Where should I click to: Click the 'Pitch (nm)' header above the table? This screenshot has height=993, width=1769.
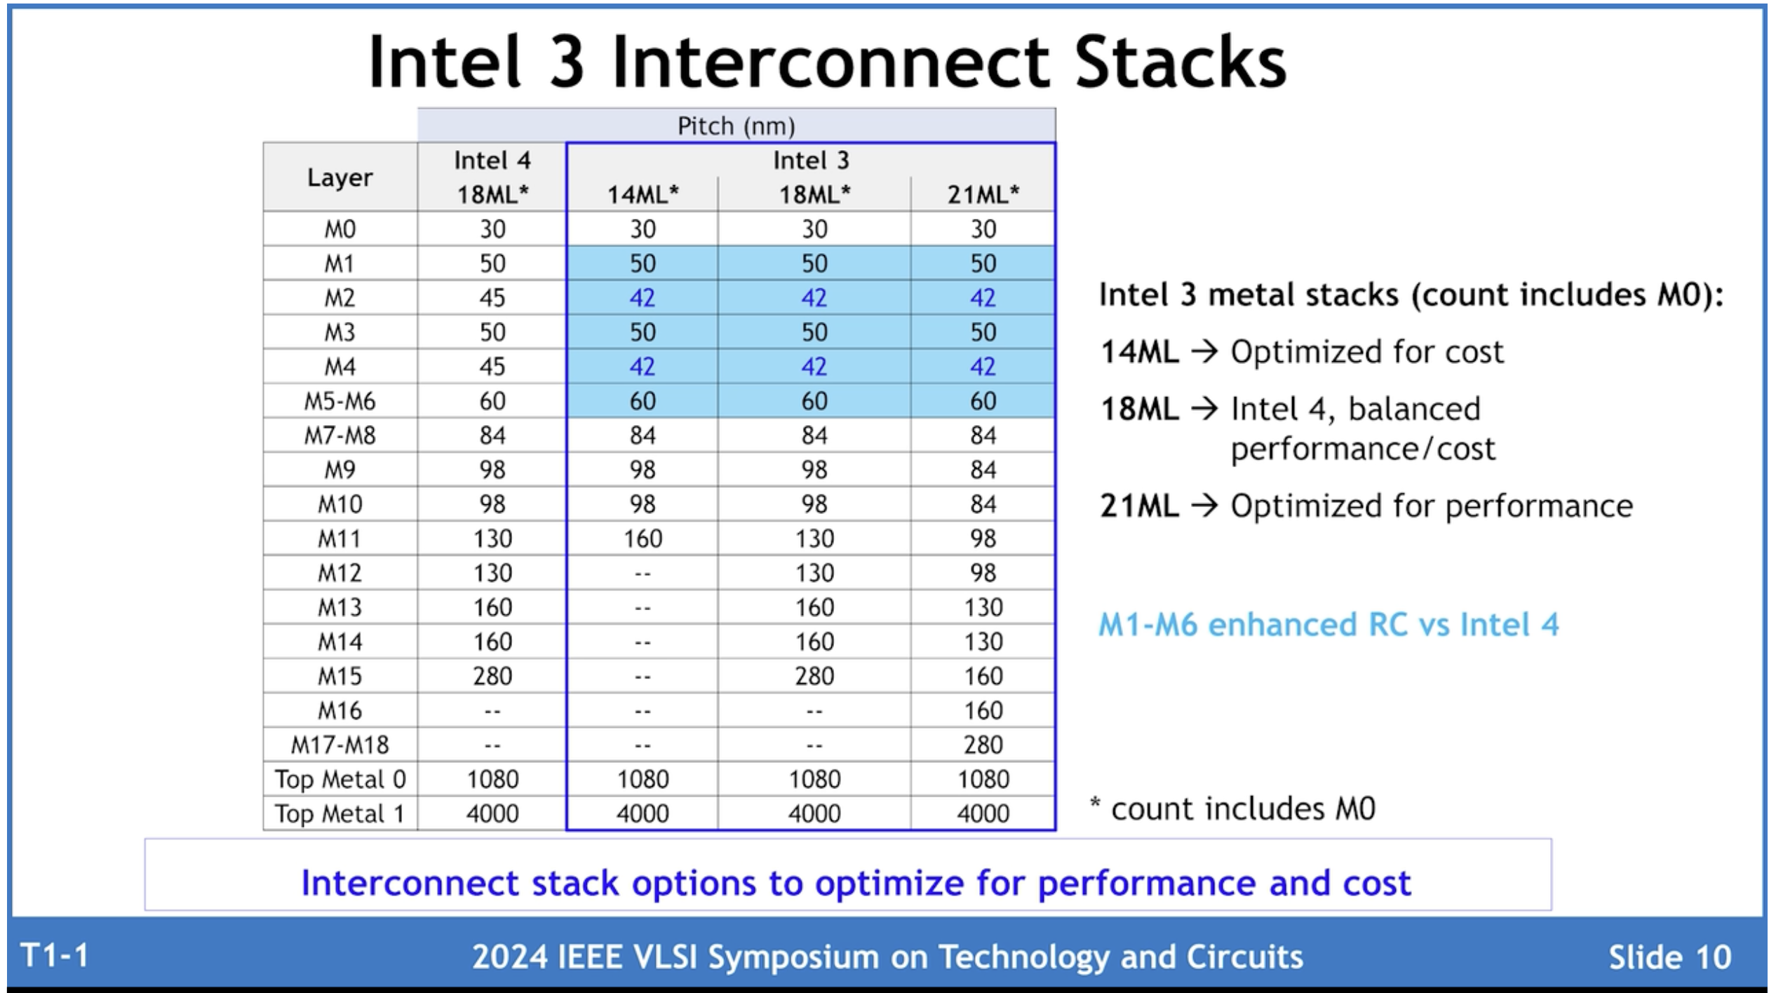click(x=736, y=126)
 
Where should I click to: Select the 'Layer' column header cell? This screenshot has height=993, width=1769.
click(x=339, y=177)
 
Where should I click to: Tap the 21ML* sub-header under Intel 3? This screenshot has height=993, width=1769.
click(x=983, y=194)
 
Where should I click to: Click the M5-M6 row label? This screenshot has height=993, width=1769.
click(x=339, y=401)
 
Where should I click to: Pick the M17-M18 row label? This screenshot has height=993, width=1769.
click(x=339, y=745)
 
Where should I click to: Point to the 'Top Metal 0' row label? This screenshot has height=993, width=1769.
click(x=339, y=779)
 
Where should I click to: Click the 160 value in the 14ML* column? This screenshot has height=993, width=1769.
click(x=643, y=539)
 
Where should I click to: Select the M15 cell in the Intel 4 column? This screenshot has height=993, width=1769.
click(x=492, y=676)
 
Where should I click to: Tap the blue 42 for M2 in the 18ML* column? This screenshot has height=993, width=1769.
click(x=814, y=298)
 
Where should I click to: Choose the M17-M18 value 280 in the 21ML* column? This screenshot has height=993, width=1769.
click(x=983, y=745)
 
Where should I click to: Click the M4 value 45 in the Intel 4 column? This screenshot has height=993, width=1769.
click(x=492, y=367)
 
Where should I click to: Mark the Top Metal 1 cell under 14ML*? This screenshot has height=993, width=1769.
click(x=643, y=813)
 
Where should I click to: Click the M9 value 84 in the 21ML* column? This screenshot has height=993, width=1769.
click(x=983, y=470)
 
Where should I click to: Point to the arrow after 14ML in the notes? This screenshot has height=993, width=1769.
click(x=1204, y=351)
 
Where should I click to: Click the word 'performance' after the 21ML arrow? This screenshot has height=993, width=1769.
click(x=1539, y=506)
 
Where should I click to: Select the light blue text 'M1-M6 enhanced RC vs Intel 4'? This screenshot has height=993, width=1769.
click(x=1328, y=624)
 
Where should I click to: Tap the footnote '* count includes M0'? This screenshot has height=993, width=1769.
click(x=1232, y=809)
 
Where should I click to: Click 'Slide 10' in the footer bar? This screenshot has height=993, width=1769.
click(x=1669, y=957)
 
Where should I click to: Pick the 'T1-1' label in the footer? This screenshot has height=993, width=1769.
click(x=55, y=955)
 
